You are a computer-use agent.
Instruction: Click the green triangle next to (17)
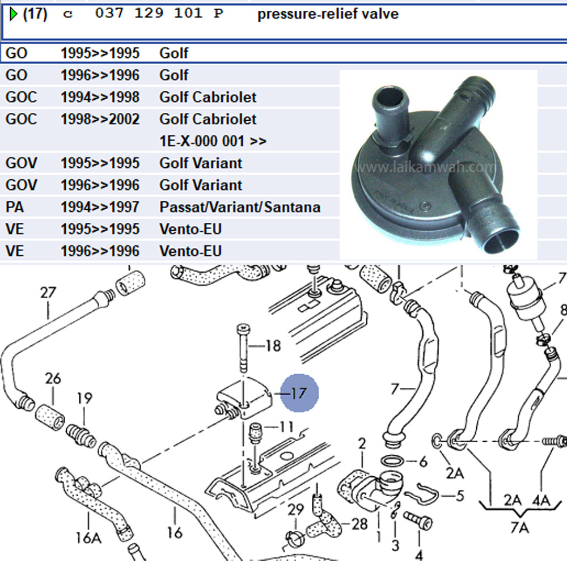click(x=14, y=14)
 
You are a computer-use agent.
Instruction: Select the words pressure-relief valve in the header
click(x=328, y=14)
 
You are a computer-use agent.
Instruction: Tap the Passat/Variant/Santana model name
click(x=239, y=207)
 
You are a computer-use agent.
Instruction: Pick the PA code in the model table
click(x=15, y=207)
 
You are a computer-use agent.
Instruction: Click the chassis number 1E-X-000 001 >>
click(x=213, y=141)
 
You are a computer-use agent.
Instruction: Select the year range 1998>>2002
click(x=100, y=120)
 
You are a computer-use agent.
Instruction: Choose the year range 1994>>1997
click(x=100, y=207)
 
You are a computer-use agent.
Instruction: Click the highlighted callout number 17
click(x=299, y=392)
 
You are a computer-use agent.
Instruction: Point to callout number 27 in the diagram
click(x=48, y=293)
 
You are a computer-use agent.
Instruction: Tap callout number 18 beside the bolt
click(x=273, y=346)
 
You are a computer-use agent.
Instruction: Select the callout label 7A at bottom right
click(x=519, y=528)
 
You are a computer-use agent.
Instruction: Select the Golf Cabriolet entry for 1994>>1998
click(x=208, y=98)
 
